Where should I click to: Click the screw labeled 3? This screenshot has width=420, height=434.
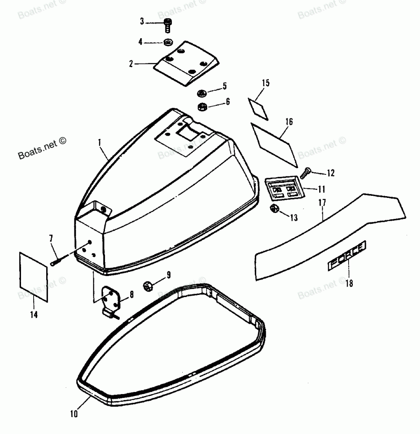pyautogui.click(x=167, y=25)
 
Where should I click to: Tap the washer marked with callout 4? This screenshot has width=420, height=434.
pyautogui.click(x=168, y=42)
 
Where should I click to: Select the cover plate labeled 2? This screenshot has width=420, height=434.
pyautogui.click(x=187, y=63)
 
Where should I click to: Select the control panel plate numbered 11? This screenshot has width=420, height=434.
pyautogui.click(x=283, y=187)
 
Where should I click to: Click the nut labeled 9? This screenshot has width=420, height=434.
pyautogui.click(x=148, y=286)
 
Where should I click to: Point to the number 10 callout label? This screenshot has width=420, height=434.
pyautogui.click(x=74, y=414)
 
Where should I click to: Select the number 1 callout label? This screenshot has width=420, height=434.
pyautogui.click(x=100, y=142)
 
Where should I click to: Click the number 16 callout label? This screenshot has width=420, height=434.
pyautogui.click(x=288, y=122)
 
